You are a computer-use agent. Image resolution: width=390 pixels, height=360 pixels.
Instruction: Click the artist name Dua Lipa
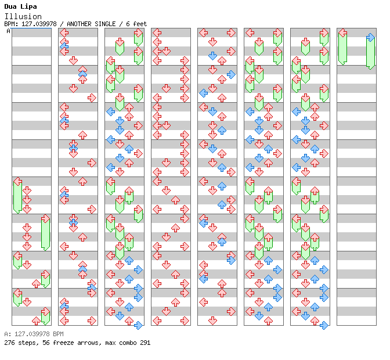coord(20,6)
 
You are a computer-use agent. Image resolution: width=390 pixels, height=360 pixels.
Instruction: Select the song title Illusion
coord(23,16)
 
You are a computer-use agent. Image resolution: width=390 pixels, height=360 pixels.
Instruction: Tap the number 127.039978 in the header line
coord(39,24)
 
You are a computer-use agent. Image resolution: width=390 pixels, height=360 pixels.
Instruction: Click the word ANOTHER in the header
coord(79,24)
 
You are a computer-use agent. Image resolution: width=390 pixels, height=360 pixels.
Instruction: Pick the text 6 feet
coord(136,24)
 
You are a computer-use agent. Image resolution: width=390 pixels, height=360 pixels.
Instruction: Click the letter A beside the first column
coord(9,31)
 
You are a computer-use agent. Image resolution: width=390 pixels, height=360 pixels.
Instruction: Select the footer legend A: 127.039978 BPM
coord(34,334)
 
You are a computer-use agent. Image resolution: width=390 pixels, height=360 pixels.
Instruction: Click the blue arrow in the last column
coord(370,38)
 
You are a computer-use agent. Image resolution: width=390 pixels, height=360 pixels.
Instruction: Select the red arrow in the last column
coord(343,33)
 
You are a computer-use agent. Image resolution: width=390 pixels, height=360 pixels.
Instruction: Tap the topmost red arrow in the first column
coord(17,181)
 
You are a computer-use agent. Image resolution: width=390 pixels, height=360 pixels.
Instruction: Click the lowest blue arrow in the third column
coord(138,325)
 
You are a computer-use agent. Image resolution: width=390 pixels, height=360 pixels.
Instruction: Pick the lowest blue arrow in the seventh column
coord(324,325)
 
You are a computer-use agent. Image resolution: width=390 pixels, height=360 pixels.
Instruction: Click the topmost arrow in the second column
coord(64,33)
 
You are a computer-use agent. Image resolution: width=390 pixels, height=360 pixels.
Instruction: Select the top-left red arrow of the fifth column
coord(204,33)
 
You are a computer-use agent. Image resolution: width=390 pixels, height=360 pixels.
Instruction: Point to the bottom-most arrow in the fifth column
coord(212,321)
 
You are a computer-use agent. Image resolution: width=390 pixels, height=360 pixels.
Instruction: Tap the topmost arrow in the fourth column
coord(157,33)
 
